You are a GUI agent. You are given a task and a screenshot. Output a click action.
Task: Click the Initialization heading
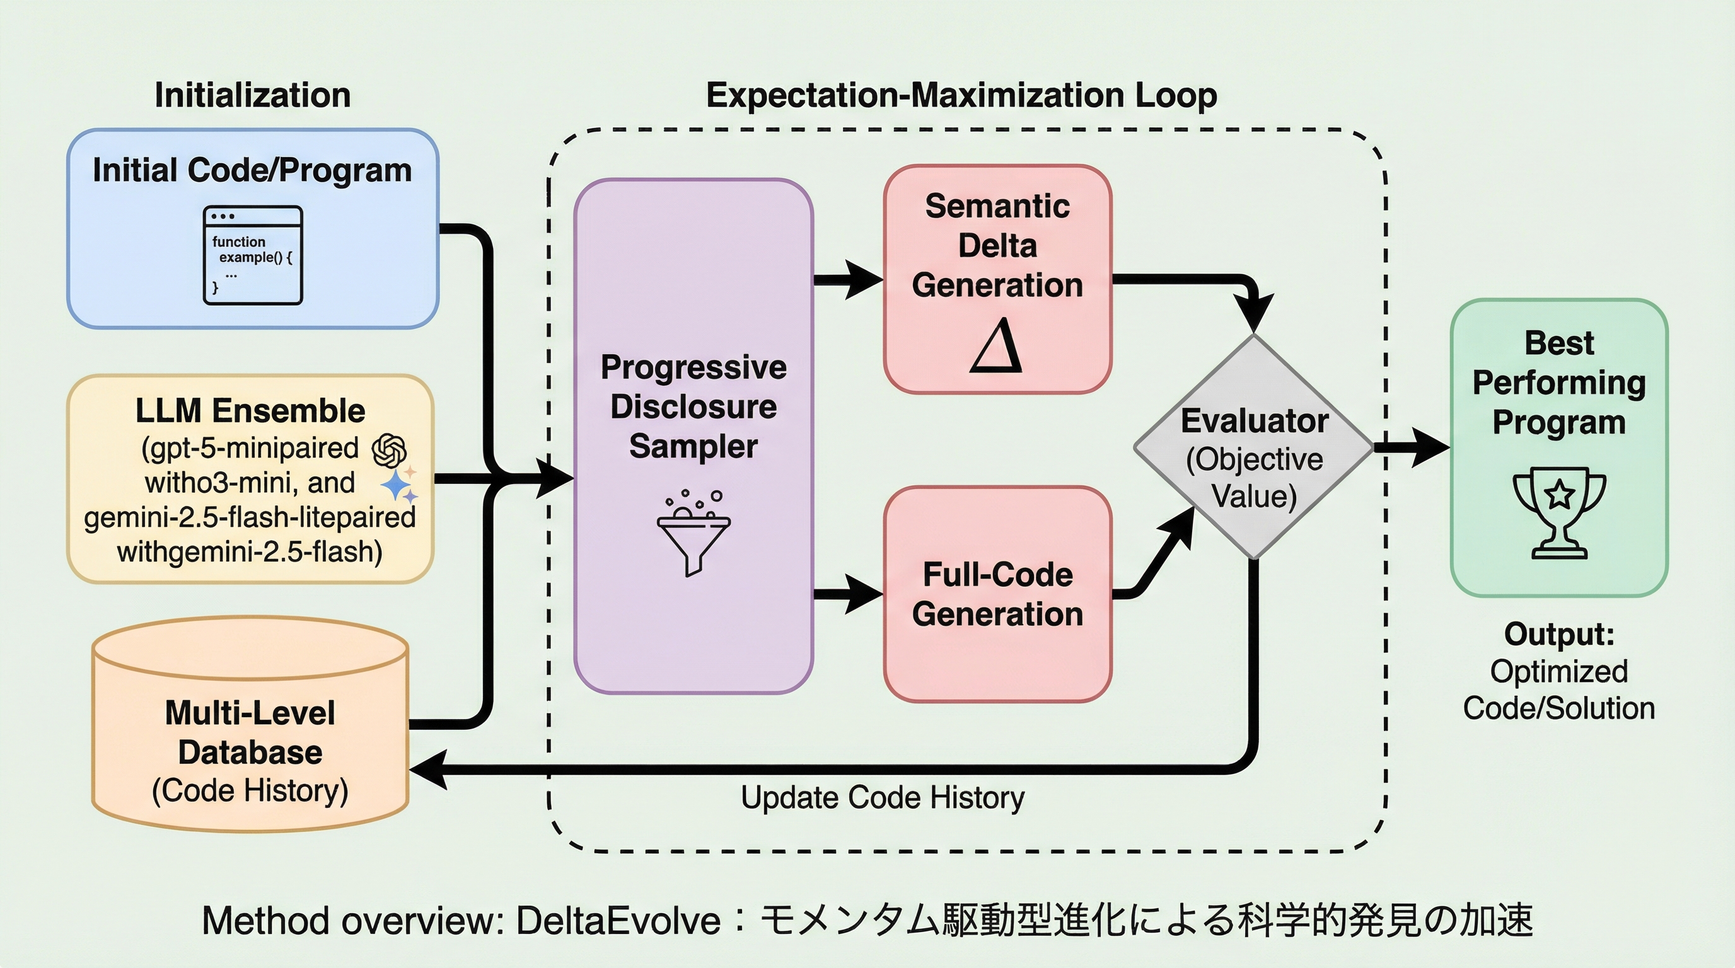253,95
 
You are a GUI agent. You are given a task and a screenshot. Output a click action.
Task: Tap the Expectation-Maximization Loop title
961,95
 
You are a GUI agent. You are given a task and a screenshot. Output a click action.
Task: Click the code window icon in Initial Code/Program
253,255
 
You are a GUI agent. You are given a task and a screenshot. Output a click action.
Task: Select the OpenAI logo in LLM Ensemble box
389,451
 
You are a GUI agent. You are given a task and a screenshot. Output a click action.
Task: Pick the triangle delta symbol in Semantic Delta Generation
997,347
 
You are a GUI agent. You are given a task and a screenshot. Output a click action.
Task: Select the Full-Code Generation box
997,594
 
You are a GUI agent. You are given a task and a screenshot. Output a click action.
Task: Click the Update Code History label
883,798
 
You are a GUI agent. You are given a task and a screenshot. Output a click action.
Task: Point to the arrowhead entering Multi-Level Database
428,769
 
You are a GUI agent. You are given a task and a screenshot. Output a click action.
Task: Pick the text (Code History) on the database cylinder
250,791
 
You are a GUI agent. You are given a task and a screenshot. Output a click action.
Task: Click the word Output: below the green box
1558,634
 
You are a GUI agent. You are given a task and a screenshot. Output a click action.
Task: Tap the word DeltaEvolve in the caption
618,921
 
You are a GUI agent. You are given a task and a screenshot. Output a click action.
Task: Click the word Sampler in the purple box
693,446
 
